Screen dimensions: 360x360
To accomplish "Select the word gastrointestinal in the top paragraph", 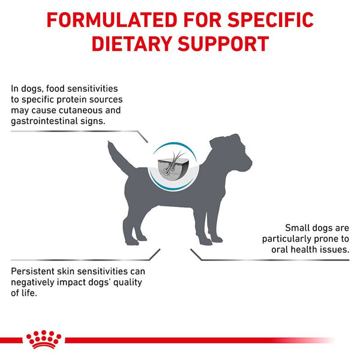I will point(46,121).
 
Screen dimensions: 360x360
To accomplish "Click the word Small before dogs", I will point(298,227).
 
